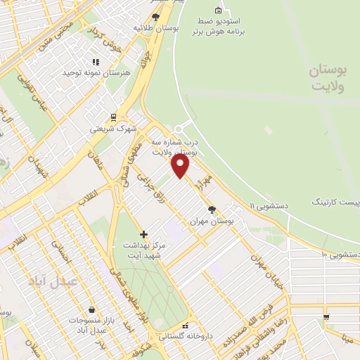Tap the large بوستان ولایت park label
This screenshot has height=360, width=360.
click(x=329, y=79)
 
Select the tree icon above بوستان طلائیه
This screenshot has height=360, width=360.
click(x=155, y=17)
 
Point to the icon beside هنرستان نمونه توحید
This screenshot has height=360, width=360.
click(x=94, y=62)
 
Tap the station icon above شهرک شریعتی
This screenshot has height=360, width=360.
click(x=113, y=117)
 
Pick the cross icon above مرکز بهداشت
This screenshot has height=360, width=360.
click(x=143, y=233)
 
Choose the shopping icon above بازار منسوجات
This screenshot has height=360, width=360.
click(x=92, y=309)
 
